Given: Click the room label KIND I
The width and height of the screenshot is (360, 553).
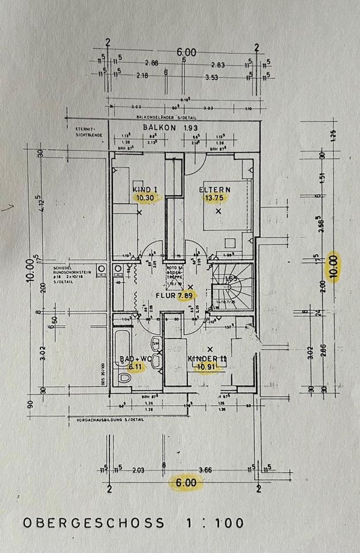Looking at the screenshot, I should pyautogui.click(x=145, y=189).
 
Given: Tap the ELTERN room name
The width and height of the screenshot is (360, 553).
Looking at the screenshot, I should pyautogui.click(x=215, y=189).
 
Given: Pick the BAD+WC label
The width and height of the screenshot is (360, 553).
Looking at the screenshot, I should pyautogui.click(x=131, y=359).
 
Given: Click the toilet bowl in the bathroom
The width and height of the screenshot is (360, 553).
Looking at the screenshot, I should pyautogui.click(x=123, y=377).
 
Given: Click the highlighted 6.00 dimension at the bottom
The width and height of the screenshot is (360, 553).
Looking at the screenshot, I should pyautogui.click(x=185, y=483).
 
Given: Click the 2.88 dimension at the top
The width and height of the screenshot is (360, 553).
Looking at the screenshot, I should pyautogui.click(x=151, y=63).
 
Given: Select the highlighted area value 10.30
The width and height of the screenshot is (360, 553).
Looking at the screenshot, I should pyautogui.click(x=145, y=197).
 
